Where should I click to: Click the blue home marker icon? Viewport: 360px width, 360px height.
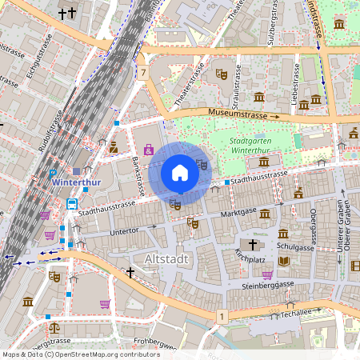tap(180, 173)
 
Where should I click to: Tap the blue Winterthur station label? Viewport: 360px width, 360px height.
tap(74, 182)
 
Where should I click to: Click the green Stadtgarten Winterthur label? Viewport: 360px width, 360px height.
tap(251, 145)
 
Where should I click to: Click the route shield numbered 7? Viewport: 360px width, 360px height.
tap(143, 73)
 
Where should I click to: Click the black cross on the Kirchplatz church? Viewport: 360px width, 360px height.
tap(253, 245)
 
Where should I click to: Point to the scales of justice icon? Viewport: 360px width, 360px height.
tap(54, 328)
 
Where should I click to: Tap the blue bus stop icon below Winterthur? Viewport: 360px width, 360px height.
tap(72, 203)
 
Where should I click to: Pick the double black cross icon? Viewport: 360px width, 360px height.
tap(68, 14)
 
